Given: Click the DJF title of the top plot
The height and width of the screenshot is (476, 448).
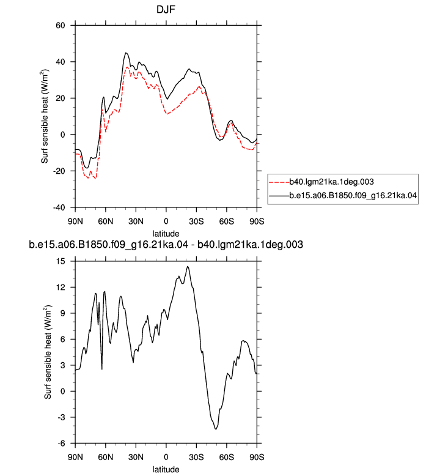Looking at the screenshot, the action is [x=166, y=9].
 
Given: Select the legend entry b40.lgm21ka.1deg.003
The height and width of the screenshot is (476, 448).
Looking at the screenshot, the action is [x=331, y=182].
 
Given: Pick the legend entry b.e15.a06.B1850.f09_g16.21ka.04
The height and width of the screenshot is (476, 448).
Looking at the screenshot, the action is [x=353, y=195].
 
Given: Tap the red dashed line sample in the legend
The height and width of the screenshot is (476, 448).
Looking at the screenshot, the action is [x=279, y=182].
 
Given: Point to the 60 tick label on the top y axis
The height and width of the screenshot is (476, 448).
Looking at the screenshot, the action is [x=61, y=26].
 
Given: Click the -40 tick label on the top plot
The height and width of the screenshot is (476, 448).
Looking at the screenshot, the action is [x=59, y=207].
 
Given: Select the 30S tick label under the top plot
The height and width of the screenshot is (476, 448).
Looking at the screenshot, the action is [x=196, y=221].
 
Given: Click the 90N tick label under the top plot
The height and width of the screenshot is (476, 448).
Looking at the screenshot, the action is [x=75, y=221].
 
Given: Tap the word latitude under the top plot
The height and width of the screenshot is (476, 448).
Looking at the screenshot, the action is [x=166, y=234].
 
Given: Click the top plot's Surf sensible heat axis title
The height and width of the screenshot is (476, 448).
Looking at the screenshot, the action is [x=45, y=116].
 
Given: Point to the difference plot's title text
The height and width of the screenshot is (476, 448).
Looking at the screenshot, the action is [x=166, y=244].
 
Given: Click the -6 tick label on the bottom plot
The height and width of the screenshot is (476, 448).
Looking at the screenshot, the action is [x=62, y=444].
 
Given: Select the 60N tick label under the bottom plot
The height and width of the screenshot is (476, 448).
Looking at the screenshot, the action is [x=106, y=457].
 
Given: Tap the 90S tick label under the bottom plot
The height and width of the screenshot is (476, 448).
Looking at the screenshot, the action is [x=257, y=457].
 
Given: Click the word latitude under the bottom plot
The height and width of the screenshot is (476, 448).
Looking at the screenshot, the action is [x=166, y=469].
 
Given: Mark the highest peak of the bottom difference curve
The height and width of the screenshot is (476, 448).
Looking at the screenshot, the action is [x=188, y=267].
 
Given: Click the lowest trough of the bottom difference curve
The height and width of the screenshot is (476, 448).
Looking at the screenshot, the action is [x=216, y=429].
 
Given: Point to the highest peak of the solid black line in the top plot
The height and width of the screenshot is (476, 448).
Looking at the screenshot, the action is [x=126, y=53].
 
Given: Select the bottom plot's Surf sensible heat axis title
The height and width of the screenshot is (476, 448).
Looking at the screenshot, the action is [x=48, y=352].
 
